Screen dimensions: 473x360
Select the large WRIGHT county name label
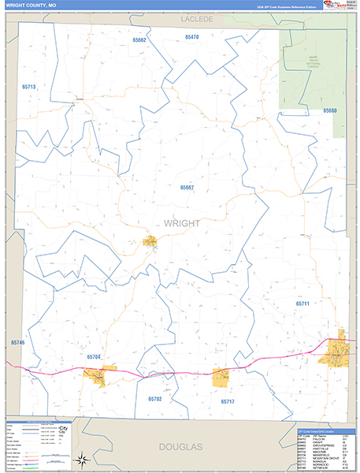[x=182, y=223]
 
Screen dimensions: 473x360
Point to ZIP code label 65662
[x=139, y=39]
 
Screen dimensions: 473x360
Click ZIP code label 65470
[x=191, y=37]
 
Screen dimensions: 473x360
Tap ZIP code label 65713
[x=29, y=87]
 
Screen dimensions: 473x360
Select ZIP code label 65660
[x=328, y=111]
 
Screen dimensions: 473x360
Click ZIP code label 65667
[x=187, y=188]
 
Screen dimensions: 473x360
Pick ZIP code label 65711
[x=303, y=304]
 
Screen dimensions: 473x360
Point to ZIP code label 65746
[x=18, y=343]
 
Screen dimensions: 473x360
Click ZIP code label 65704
[x=93, y=357]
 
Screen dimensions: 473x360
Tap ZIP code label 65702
[x=154, y=400]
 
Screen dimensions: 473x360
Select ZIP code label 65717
[x=227, y=402]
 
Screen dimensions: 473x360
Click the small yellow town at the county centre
[x=149, y=243]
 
